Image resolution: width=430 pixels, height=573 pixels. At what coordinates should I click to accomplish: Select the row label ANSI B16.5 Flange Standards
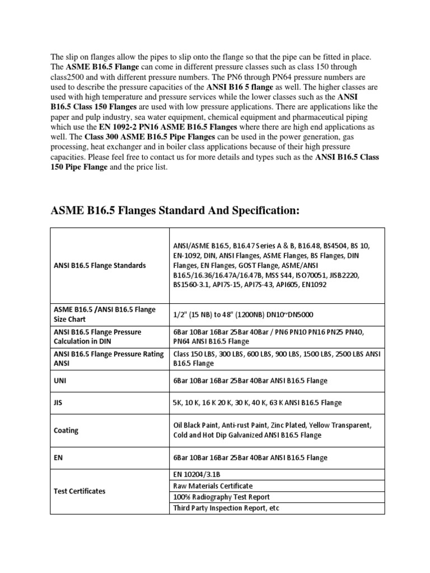click(99, 265)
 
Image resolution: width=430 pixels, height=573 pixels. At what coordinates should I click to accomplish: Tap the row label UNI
click(59, 381)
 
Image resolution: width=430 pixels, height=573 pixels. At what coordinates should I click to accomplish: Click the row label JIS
click(58, 402)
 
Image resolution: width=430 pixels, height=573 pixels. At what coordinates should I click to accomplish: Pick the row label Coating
click(66, 430)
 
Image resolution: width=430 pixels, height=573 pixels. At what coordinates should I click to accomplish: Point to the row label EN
click(57, 458)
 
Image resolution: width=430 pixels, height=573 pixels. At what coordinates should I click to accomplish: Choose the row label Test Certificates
click(79, 491)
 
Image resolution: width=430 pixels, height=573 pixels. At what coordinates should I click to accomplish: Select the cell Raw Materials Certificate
click(213, 486)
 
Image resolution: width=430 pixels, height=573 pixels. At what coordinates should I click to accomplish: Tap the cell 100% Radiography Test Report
click(222, 497)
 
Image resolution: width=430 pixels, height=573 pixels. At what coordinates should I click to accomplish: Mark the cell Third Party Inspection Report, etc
click(227, 508)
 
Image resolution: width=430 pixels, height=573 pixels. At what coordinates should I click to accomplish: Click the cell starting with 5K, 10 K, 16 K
click(257, 402)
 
